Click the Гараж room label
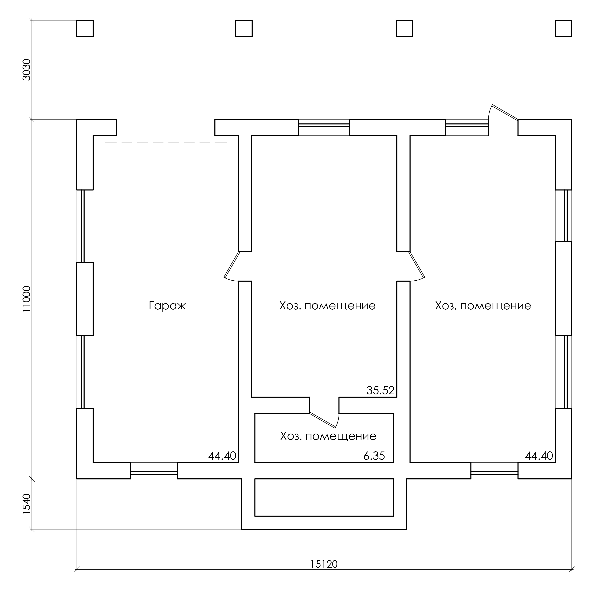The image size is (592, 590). tap(167, 306)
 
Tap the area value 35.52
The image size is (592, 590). tap(380, 390)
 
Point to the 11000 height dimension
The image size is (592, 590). tap(27, 299)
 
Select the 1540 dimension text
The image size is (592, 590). tap(27, 504)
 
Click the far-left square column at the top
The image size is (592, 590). tap(85, 28)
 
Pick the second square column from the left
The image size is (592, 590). tap(244, 28)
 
